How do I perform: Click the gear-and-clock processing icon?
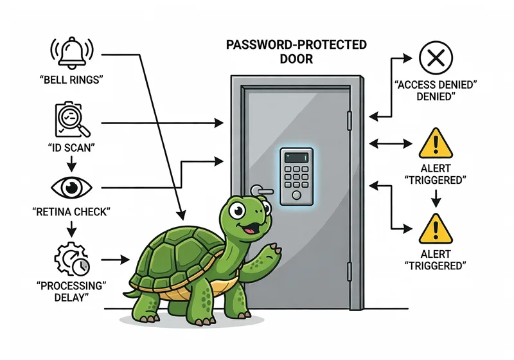click(72, 259)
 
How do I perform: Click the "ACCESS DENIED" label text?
click(436, 90)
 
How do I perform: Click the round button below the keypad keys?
click(296, 194)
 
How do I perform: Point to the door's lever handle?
click(259, 190)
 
